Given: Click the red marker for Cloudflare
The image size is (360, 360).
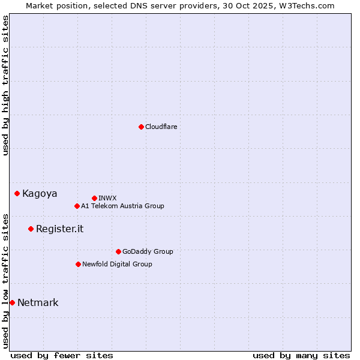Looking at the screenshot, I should point(141,127).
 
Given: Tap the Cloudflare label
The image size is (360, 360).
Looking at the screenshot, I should point(161,127).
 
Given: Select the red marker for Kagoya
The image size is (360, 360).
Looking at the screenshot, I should point(17,193).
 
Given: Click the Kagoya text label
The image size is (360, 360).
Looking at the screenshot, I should point(40,194).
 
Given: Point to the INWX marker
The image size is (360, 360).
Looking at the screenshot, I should point(94,198).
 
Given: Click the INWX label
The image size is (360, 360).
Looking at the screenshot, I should point(107,199).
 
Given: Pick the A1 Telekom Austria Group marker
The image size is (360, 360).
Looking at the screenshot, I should point(77,206).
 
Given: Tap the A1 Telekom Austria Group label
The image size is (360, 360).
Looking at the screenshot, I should point(122,206).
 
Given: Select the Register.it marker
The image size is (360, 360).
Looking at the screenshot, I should point(31,229).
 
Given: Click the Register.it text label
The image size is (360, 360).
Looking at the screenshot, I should point(59,229).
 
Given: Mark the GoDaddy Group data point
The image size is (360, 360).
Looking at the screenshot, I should point(118,251).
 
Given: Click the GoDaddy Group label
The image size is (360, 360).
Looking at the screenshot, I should point(148,252).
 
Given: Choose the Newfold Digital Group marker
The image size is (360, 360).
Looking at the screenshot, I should point(78,264).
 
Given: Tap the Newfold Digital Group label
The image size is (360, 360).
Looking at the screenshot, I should point(117,265).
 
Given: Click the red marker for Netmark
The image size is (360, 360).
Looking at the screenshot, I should point(12,302).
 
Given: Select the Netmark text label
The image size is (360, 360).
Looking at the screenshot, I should point(38,303).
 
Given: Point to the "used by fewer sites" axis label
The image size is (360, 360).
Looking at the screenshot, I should point(62,355).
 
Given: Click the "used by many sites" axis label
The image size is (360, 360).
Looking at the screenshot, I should point(301,355).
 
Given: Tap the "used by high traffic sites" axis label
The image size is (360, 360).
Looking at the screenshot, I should point(6,85).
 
